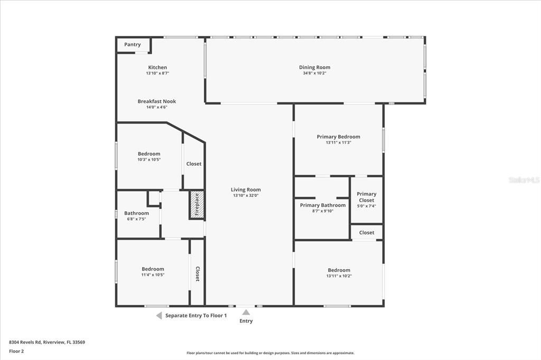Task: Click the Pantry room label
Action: pos(133,45)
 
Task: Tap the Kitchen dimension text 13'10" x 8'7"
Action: pos(157,73)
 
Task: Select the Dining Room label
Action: pos(314,67)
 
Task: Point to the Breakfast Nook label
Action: pos(157,101)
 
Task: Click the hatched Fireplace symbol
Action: pos(197,204)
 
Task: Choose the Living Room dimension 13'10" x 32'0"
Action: pos(246,195)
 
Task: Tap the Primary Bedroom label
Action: pos(338,137)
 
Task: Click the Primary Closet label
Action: pos(366,197)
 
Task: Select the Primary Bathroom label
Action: pos(322,205)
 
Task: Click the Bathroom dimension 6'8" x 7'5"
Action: pos(136,219)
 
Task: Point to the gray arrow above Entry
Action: pos(246,312)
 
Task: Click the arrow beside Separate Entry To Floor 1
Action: pos(158,316)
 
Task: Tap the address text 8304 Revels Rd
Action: pos(47,342)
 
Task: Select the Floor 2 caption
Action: pos(16,351)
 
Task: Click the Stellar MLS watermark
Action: pos(524,180)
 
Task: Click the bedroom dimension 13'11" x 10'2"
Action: pos(339,276)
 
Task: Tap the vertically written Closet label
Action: pos(198,273)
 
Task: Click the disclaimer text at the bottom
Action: pos(270,353)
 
